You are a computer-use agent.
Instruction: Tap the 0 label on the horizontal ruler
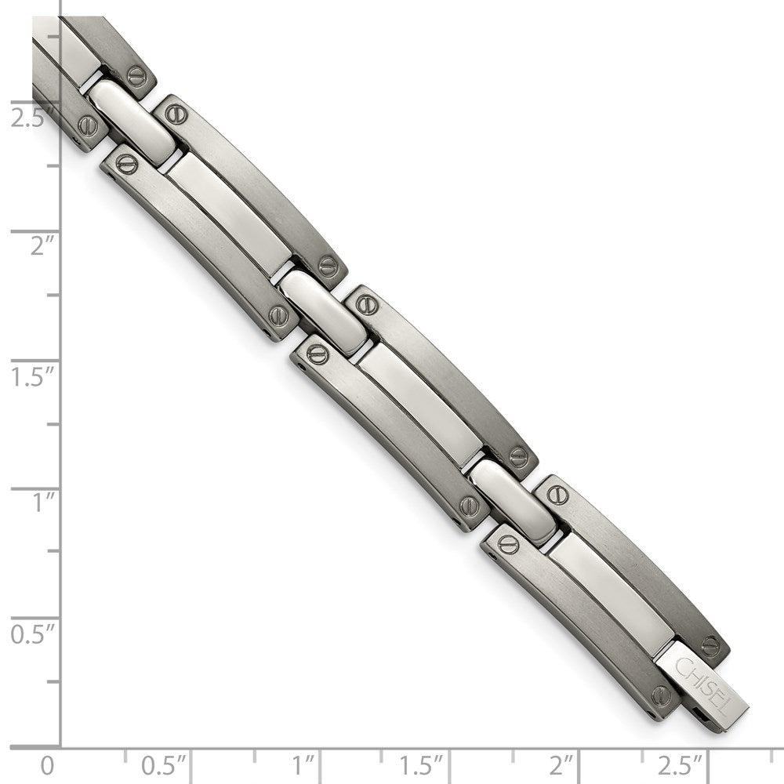point(48,764)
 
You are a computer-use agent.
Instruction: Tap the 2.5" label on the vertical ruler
point(29,119)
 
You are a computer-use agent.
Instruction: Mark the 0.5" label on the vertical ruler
point(29,632)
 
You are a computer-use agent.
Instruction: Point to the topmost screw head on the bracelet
point(137,76)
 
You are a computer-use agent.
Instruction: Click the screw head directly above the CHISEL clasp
point(710,646)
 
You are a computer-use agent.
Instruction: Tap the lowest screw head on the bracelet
point(661,695)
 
